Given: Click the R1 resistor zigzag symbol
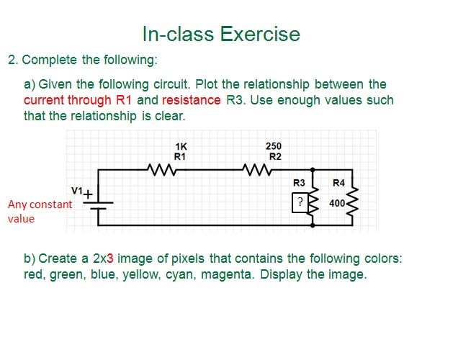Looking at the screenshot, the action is pos(161,170).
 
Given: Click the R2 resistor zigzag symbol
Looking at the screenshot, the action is pos(257,170).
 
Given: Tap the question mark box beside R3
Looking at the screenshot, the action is pos(300,202).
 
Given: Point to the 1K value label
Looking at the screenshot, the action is pos(181,146).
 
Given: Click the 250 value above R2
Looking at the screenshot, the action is pos(274,146).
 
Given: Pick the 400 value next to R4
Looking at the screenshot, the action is pos(337,203).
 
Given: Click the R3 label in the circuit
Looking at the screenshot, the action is pos(299,183).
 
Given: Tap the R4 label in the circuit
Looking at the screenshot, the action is pos(339,183).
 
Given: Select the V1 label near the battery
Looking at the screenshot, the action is pos(77,191).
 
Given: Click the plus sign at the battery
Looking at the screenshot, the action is pos(88,194).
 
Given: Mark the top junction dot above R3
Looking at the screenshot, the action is pos(313,170).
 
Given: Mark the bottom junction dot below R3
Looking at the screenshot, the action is pos(313,225).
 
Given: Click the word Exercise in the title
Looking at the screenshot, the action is pos(260,34).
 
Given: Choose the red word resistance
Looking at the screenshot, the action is pos(192,100).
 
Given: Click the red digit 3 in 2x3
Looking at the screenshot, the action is pos(110,258).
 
